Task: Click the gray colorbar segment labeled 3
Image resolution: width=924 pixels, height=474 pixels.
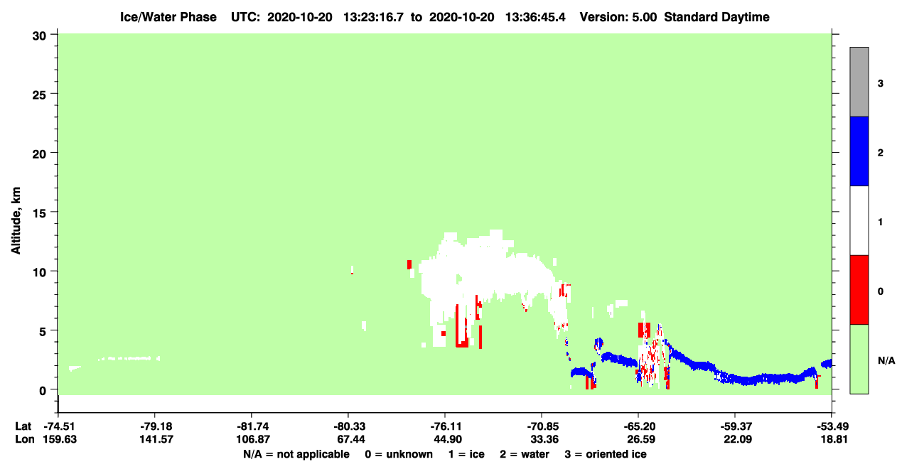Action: (x=859, y=82)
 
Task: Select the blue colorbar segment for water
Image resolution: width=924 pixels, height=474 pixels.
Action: (x=859, y=151)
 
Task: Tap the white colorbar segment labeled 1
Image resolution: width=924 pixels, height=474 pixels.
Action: (x=859, y=220)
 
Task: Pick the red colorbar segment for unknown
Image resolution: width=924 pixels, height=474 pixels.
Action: (x=859, y=290)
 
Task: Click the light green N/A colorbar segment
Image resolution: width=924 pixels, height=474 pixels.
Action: (x=859, y=359)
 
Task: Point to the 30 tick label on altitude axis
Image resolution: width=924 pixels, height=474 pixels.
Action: (x=39, y=36)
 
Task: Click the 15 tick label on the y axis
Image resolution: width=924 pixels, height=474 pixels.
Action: (x=39, y=212)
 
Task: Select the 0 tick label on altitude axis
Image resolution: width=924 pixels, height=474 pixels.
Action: (x=43, y=390)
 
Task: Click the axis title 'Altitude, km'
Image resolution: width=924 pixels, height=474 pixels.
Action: (x=16, y=220)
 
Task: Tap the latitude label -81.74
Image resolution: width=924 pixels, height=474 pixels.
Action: (x=252, y=426)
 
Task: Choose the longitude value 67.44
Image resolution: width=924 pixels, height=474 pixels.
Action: (x=348, y=439)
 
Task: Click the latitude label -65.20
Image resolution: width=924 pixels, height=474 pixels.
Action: (x=639, y=426)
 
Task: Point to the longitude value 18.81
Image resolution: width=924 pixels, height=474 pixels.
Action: (x=834, y=439)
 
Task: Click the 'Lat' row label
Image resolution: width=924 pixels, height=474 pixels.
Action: (x=23, y=426)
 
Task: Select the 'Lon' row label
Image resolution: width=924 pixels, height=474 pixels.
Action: (x=25, y=439)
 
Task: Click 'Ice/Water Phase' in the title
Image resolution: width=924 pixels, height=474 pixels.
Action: (x=168, y=17)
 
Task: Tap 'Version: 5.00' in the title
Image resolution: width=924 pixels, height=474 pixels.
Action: (x=618, y=17)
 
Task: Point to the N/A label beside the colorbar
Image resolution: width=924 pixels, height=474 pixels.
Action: (x=886, y=361)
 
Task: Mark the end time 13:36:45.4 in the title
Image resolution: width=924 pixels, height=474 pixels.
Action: (x=535, y=17)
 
